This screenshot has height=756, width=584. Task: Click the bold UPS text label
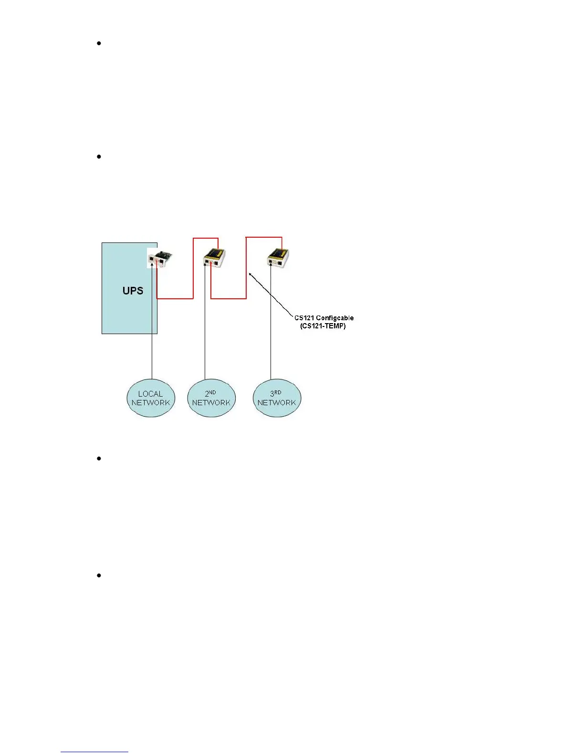click(133, 290)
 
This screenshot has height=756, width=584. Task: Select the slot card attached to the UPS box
click(159, 258)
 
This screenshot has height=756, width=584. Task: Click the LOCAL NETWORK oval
click(151, 398)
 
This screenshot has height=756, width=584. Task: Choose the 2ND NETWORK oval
click(211, 398)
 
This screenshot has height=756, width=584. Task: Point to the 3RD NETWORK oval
click(277, 398)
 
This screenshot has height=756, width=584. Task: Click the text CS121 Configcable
click(324, 318)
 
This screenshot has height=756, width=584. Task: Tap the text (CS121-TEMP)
click(324, 326)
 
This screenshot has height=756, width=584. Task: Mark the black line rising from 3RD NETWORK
click(271, 334)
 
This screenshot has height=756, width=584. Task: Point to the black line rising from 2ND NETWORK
click(205, 334)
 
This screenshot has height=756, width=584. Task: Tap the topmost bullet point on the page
click(99, 43)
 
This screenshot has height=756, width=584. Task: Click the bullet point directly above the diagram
click(99, 157)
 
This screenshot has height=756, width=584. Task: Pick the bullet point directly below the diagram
click(99, 459)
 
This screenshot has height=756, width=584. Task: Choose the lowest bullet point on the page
click(99, 576)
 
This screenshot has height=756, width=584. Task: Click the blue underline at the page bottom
click(95, 752)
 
